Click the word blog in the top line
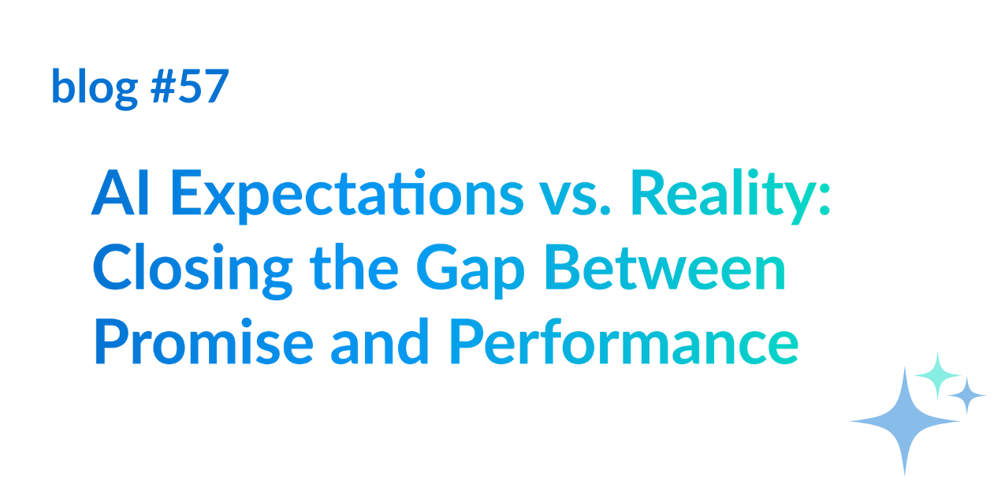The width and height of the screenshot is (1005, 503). click(95, 88)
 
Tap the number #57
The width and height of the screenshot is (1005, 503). click(190, 86)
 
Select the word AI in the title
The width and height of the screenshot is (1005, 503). click(120, 193)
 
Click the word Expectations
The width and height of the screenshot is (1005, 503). click(347, 196)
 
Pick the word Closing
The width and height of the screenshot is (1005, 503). click(193, 270)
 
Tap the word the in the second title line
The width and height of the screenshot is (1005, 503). click(354, 267)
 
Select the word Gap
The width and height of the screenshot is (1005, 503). click(471, 271)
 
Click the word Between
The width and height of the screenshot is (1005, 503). click(665, 268)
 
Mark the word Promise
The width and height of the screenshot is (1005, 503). click(203, 342)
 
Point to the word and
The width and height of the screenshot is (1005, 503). click(380, 341)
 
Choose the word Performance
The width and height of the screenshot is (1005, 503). click(623, 342)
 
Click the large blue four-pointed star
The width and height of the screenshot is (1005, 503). click(905, 421)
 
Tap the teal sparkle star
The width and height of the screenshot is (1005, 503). click(937, 375)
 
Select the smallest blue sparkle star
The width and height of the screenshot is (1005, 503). click(967, 395)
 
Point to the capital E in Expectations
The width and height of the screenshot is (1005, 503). click(185, 193)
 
